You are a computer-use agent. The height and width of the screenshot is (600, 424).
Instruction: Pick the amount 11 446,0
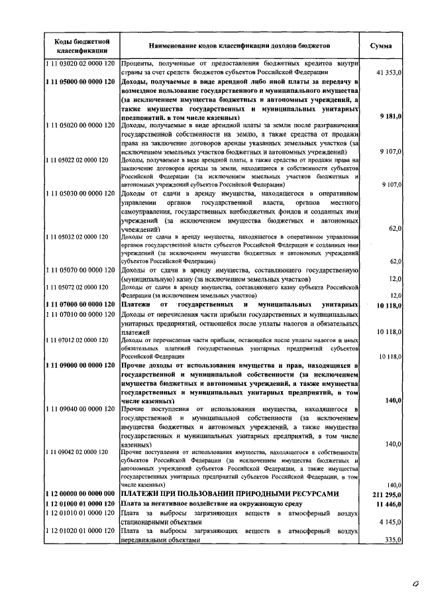tap(388, 505)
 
